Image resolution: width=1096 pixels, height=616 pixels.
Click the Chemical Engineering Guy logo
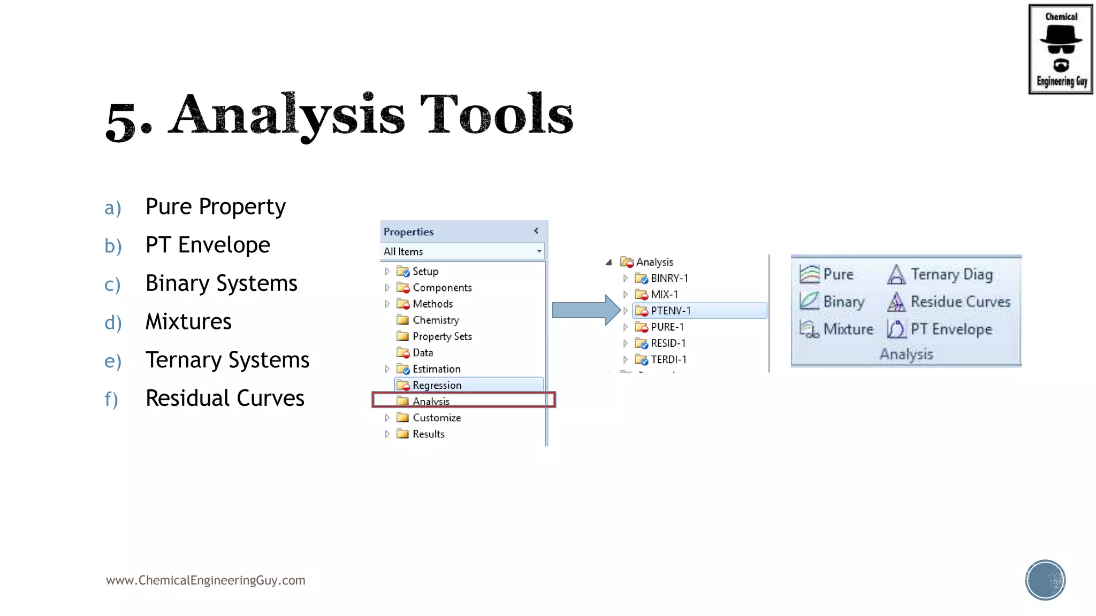coord(1060,49)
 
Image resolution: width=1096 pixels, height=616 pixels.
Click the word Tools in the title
coord(496,115)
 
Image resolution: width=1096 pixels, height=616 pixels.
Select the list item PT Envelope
coord(208,245)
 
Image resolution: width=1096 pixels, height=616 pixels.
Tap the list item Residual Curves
coord(225,398)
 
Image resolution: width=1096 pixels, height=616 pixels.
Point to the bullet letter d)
coord(113,323)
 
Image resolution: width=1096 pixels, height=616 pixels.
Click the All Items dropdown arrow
coord(538,251)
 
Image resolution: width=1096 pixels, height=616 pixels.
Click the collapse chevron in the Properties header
coord(536,231)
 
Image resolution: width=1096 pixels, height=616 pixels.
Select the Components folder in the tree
coord(442,288)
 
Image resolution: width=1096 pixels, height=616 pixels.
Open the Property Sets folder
coord(442,336)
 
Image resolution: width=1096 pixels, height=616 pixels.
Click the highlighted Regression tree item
coord(437,385)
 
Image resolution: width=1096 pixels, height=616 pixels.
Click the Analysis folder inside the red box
coord(431,401)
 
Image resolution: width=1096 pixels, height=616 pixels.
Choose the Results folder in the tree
coord(428,434)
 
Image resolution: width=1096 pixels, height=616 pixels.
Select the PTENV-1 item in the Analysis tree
coord(671,311)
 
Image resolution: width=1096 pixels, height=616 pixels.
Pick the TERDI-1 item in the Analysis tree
coord(668,359)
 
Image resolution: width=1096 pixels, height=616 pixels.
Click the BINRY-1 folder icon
coord(641,278)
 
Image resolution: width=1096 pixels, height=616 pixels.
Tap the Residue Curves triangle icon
coord(896,302)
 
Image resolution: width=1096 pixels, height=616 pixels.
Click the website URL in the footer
coord(205,580)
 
